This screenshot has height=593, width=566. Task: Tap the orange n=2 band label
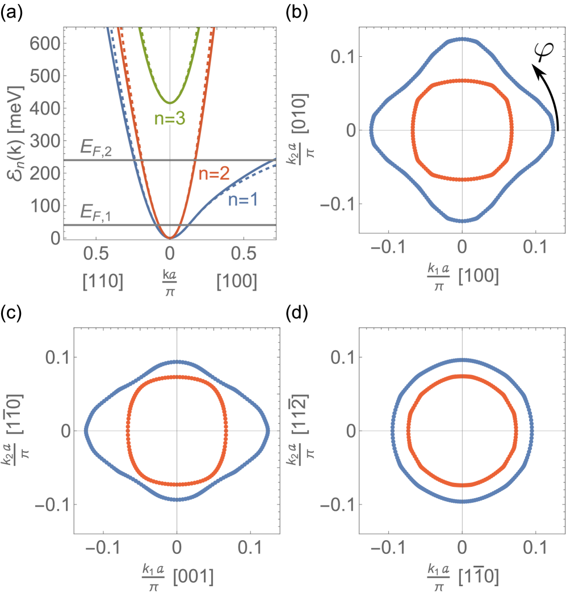pyautogui.click(x=213, y=173)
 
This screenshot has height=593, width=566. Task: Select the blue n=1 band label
pyautogui.click(x=243, y=199)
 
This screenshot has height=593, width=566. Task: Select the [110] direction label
pyautogui.click(x=103, y=281)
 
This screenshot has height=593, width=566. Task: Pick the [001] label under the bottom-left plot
pyautogui.click(x=195, y=577)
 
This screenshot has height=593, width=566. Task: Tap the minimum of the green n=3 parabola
pyautogui.click(x=170, y=103)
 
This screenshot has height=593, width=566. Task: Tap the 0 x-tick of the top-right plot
pyautogui.click(x=463, y=248)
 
